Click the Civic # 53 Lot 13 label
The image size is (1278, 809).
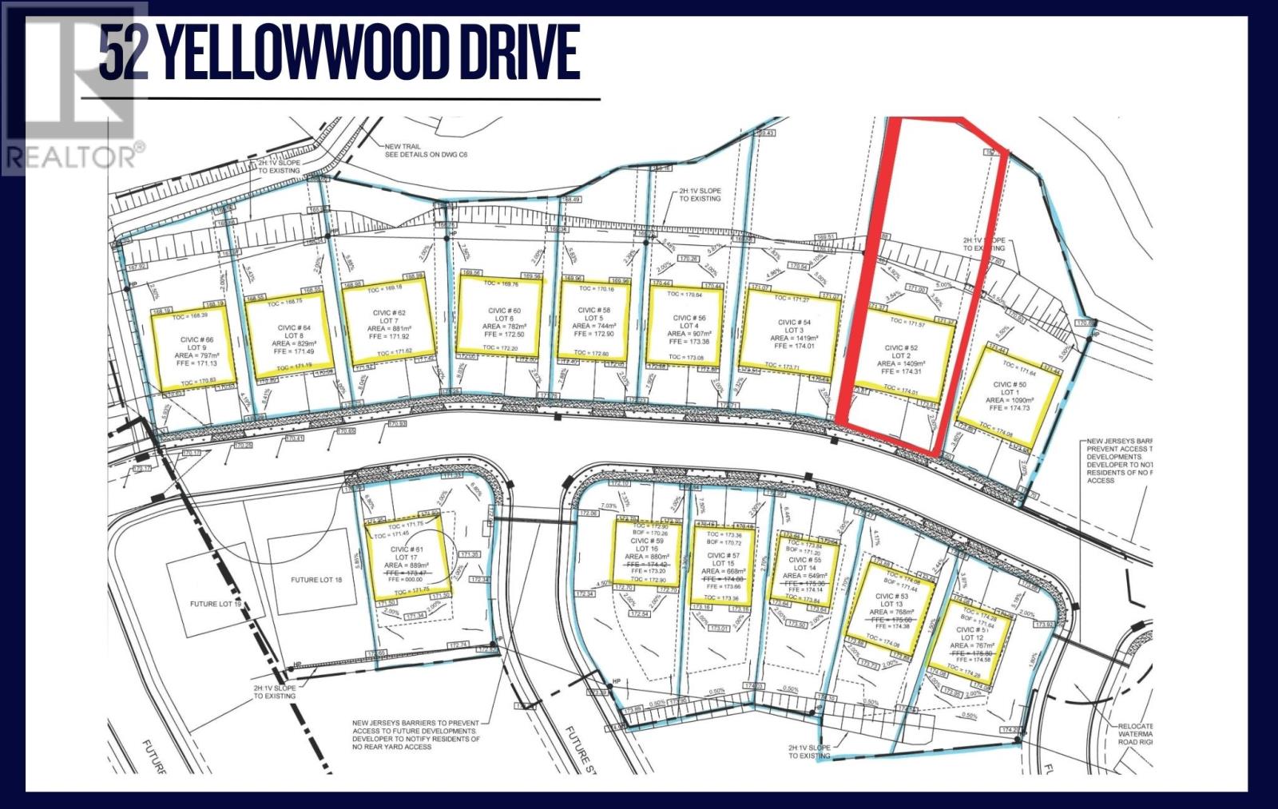891,604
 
